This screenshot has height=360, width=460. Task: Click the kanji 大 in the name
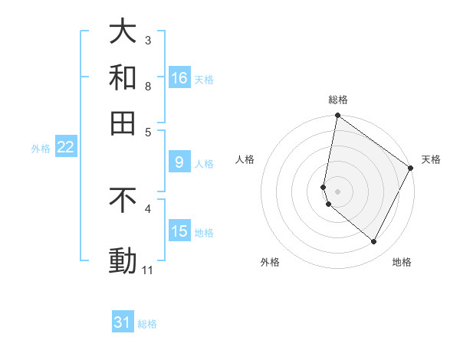click(x=123, y=31)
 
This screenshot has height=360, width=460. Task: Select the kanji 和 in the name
click(x=123, y=77)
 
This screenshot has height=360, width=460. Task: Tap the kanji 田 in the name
click(x=123, y=123)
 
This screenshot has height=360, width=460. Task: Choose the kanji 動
click(x=123, y=261)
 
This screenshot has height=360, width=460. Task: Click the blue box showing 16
click(x=179, y=77)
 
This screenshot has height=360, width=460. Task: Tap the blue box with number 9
click(x=179, y=162)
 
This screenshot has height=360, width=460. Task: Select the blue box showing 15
click(x=179, y=231)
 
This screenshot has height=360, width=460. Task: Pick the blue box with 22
click(x=65, y=147)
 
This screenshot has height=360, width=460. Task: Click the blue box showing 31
click(x=123, y=322)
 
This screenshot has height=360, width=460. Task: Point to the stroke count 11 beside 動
click(x=148, y=270)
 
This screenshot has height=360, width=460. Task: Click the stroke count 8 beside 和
click(x=148, y=86)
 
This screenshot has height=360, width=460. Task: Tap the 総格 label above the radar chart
click(x=338, y=100)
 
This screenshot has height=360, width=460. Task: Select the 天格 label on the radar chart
click(x=431, y=159)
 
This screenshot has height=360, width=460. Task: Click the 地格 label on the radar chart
click(x=402, y=262)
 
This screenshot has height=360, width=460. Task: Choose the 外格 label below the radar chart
click(x=270, y=262)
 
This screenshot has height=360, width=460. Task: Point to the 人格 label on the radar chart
click(x=245, y=159)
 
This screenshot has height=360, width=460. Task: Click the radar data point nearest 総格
click(x=337, y=116)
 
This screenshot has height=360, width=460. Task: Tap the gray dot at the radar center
click(x=337, y=191)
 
